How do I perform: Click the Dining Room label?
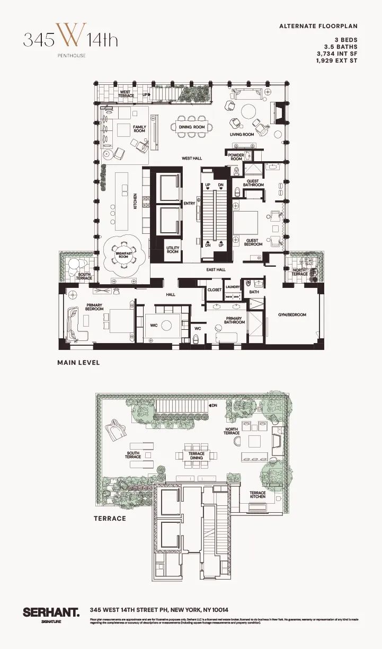coord(191,127)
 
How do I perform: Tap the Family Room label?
coord(139,129)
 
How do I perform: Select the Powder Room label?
coord(236,157)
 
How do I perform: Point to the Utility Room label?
coord(173,250)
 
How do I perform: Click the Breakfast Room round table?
coord(123,255)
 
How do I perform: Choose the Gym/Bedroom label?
coord(292,315)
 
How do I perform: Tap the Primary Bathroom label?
coord(235,320)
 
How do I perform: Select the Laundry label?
coord(233,287)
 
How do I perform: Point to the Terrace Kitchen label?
coord(257,495)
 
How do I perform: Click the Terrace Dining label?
coord(197,456)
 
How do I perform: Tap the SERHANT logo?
coord(51,612)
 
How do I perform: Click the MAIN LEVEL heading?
coord(78,363)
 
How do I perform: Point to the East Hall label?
coord(216,270)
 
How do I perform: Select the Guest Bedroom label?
coord(253,242)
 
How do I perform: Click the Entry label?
coord(189,204)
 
